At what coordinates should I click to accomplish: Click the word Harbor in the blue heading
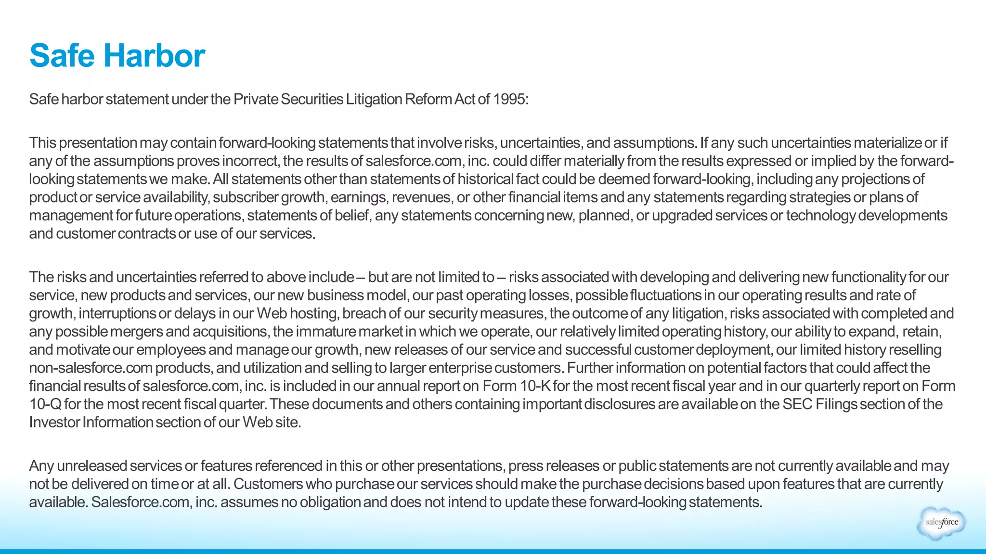pos(154,55)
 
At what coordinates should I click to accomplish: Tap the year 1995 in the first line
pos(510,99)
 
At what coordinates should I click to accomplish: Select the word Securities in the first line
pos(312,99)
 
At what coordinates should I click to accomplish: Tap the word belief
pos(352,215)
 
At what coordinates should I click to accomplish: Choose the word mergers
pos(137,332)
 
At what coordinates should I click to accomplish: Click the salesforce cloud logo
pos(941,523)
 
